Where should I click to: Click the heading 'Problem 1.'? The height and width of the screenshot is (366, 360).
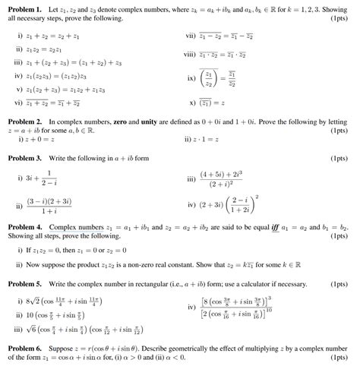coord(25,7)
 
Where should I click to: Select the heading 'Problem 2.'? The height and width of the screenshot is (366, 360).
coord(25,121)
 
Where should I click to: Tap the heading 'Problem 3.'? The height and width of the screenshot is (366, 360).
coord(25,158)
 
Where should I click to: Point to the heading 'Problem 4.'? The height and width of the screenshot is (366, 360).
coord(25,227)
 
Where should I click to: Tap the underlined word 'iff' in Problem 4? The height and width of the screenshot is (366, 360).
coord(279,227)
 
